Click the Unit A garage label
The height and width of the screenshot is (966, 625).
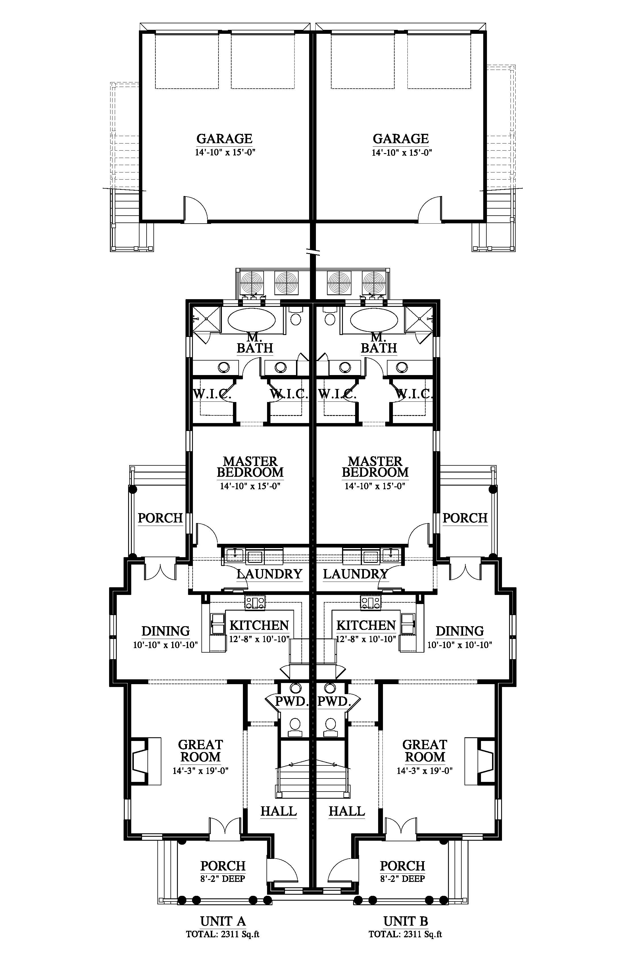point(224,139)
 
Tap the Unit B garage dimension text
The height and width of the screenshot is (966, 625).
point(401,153)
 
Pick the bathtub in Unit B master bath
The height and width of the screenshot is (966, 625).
point(374,321)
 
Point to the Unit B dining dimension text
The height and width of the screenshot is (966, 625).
point(460,645)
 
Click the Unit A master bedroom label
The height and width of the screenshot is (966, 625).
point(250,467)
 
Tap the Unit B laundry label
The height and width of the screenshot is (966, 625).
point(355,574)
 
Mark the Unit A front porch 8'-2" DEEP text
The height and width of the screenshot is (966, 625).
point(223,879)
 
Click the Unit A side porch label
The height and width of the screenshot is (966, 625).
point(160,518)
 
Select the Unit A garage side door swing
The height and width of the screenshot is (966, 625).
point(196,209)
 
